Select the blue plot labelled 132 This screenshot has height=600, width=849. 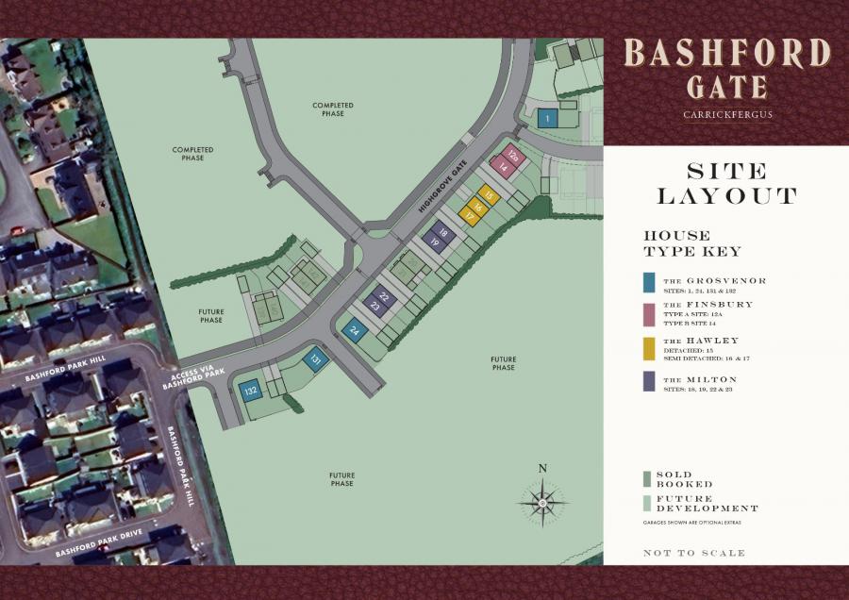[251, 391]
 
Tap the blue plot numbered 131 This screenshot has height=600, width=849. [316, 358]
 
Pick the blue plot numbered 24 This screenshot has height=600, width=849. [355, 330]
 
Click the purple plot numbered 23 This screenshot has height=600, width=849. [375, 306]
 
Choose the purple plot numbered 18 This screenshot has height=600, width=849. [442, 229]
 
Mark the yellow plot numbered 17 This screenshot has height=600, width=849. [469, 216]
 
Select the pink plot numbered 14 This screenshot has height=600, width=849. [503, 167]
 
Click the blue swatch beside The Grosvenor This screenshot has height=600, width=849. [648, 282]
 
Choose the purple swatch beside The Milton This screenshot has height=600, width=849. [648, 381]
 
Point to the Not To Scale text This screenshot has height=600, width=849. [693, 553]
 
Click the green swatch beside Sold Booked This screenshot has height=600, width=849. [648, 478]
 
